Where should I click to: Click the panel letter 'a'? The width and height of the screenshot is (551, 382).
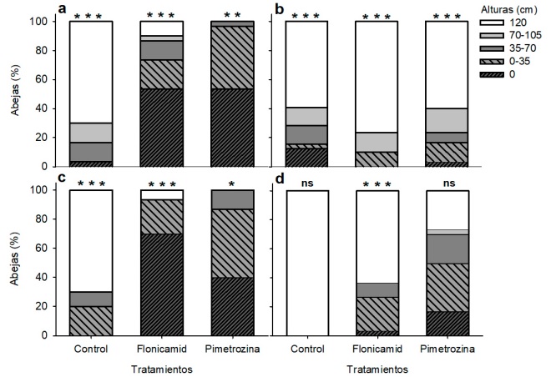pyautogui.click(x=62, y=9)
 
